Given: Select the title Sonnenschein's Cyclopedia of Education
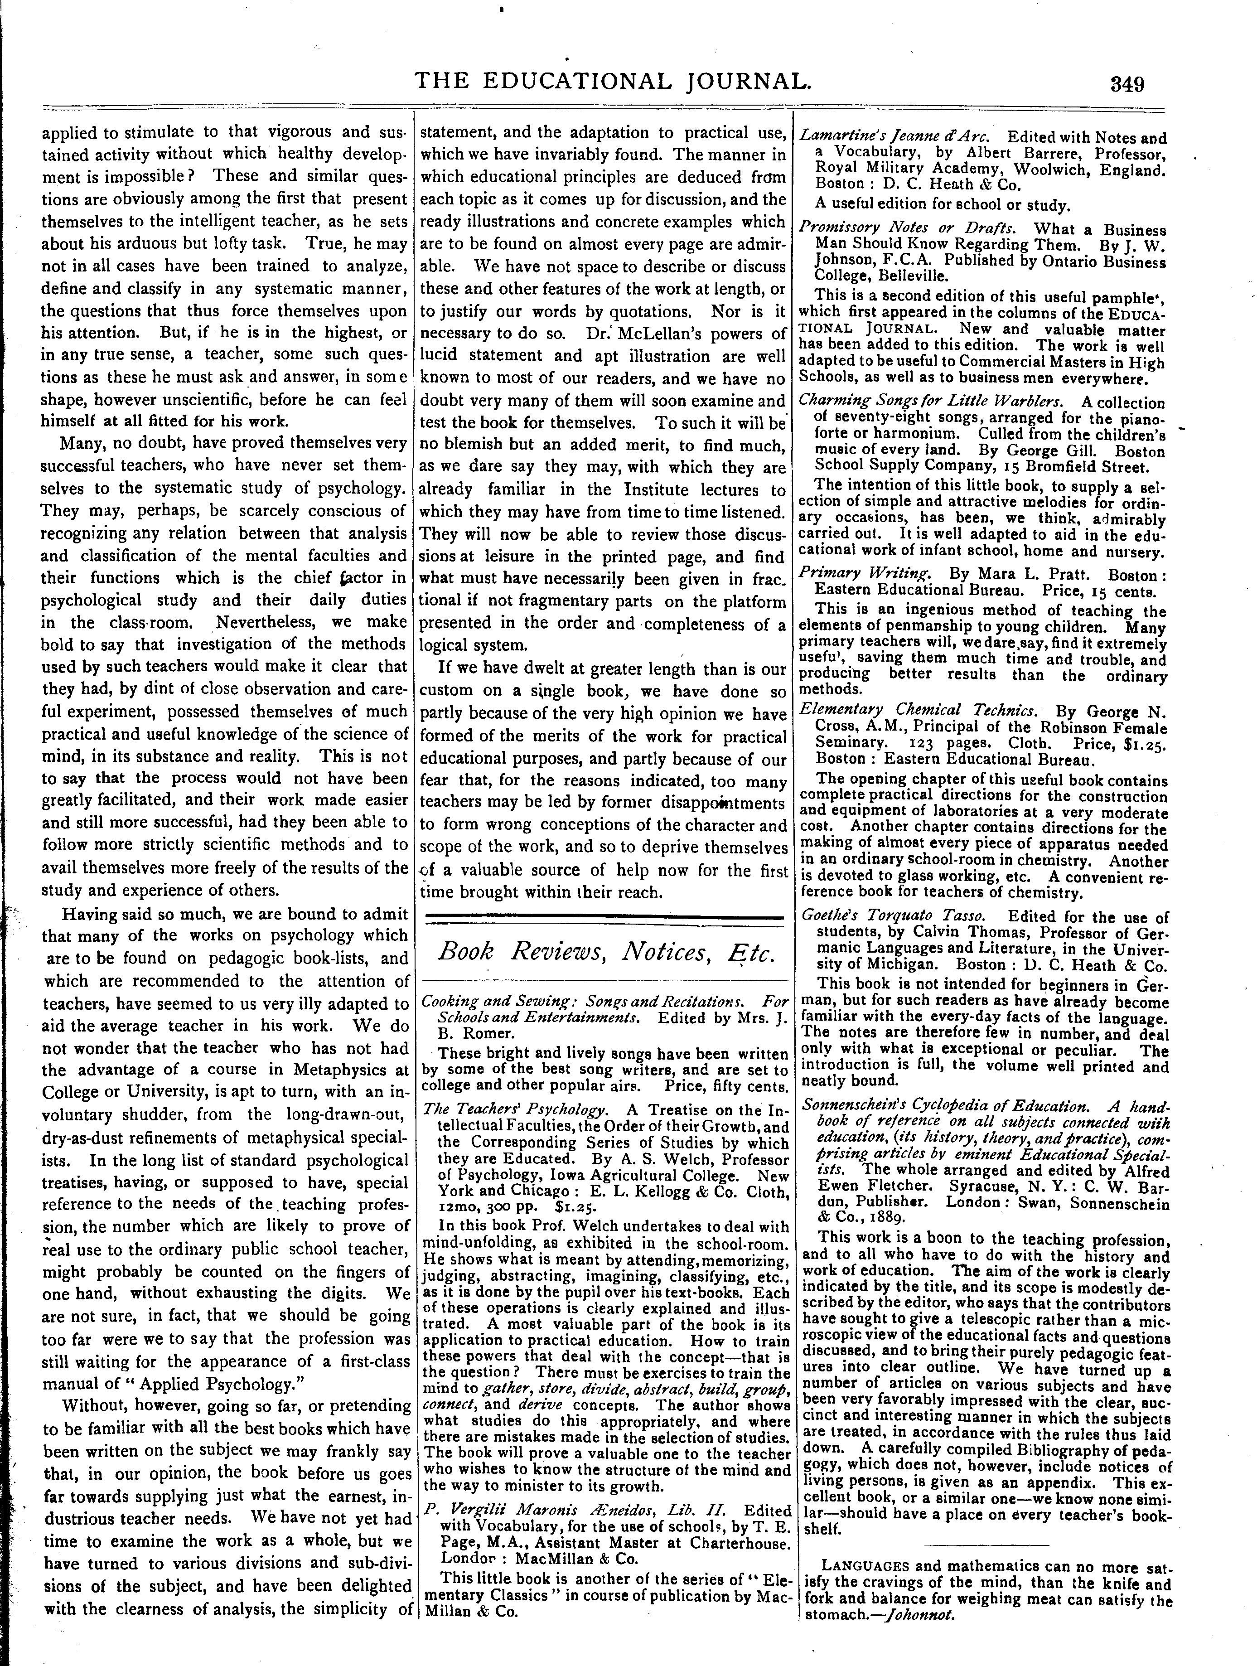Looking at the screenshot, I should tap(944, 1106).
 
